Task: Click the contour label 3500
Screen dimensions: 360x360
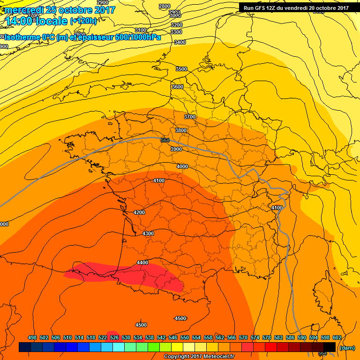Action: (x=181, y=69)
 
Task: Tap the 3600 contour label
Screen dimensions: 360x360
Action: (x=177, y=87)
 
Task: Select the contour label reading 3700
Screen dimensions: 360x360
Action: (x=189, y=116)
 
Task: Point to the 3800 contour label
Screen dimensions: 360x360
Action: (x=181, y=130)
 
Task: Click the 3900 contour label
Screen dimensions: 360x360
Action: (x=176, y=149)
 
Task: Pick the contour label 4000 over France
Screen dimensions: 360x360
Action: (x=182, y=166)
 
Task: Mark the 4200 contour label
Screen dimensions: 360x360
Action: (x=139, y=212)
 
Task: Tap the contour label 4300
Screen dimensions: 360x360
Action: (x=148, y=233)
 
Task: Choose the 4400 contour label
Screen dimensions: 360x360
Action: (x=142, y=262)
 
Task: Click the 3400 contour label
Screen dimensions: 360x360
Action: (x=180, y=42)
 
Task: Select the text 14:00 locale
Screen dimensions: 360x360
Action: (x=37, y=21)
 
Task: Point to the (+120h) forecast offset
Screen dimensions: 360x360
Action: (x=83, y=21)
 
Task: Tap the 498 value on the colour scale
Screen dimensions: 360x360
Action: (x=32, y=337)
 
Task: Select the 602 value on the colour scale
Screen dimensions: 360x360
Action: (x=337, y=337)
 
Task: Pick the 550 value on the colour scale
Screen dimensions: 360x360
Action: (x=185, y=337)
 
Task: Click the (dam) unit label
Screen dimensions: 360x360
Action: (x=346, y=348)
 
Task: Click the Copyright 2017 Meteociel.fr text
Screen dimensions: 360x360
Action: (x=199, y=357)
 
